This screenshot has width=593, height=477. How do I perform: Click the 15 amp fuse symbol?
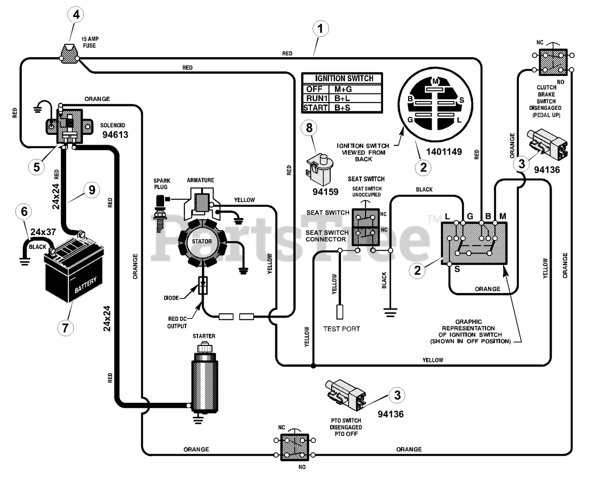(69, 54)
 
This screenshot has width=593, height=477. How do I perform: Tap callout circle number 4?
(76, 15)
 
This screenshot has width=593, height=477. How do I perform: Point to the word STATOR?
(202, 241)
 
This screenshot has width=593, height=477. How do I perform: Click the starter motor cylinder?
(205, 381)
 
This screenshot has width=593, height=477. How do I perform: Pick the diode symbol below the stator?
(203, 285)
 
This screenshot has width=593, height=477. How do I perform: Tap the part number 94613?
(115, 134)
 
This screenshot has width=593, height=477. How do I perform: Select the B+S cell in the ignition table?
(342, 108)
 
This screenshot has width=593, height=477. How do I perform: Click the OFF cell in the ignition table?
(315, 89)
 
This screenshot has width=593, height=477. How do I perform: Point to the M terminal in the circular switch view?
(435, 81)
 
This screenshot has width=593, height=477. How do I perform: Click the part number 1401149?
(444, 152)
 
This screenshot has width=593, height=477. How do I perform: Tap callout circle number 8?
(309, 128)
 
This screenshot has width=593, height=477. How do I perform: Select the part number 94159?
(325, 191)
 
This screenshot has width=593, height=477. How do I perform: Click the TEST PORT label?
(341, 329)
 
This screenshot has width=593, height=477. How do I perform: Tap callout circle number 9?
(92, 190)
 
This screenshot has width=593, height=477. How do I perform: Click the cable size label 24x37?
(43, 232)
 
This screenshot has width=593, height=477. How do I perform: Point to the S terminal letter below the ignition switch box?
(457, 269)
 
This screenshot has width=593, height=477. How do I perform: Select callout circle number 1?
(320, 28)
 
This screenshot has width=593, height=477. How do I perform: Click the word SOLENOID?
(113, 126)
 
